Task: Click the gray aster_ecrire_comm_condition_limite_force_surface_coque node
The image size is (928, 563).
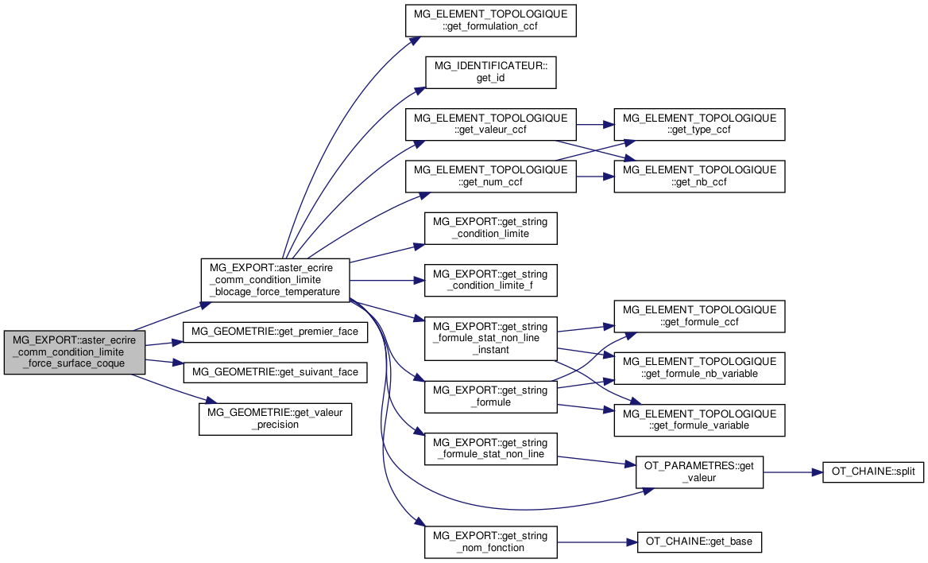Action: click(75, 352)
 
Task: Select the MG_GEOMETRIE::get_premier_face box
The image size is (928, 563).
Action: click(275, 332)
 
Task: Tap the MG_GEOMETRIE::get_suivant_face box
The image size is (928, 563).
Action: click(275, 372)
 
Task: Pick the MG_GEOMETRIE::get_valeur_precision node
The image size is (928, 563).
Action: click(275, 418)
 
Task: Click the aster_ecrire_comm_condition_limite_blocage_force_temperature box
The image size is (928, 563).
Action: click(275, 280)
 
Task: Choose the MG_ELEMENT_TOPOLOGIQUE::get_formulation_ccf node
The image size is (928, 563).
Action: click(491, 20)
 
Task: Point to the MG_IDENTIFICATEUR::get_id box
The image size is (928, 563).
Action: click(491, 72)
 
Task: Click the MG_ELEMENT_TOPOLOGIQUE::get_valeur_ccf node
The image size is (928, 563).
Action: click(491, 124)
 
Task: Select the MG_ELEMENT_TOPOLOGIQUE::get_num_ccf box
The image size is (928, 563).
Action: click(491, 176)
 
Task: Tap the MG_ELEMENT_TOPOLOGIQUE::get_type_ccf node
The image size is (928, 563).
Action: click(699, 124)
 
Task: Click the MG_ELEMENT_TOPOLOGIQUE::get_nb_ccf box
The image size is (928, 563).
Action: click(699, 176)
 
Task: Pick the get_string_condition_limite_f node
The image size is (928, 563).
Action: click(491, 280)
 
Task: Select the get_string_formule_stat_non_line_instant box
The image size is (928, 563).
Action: click(491, 338)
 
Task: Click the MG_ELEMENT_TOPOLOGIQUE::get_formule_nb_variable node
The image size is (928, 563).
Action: click(699, 367)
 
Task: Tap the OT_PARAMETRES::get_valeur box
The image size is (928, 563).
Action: click(699, 472)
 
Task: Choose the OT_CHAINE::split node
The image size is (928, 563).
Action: click(873, 472)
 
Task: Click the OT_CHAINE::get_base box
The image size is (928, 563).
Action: click(699, 542)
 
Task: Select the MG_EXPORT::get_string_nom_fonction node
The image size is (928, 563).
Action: click(491, 542)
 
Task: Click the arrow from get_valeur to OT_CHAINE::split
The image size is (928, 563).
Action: click(793, 472)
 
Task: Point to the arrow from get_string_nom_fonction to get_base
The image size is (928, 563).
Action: click(597, 542)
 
